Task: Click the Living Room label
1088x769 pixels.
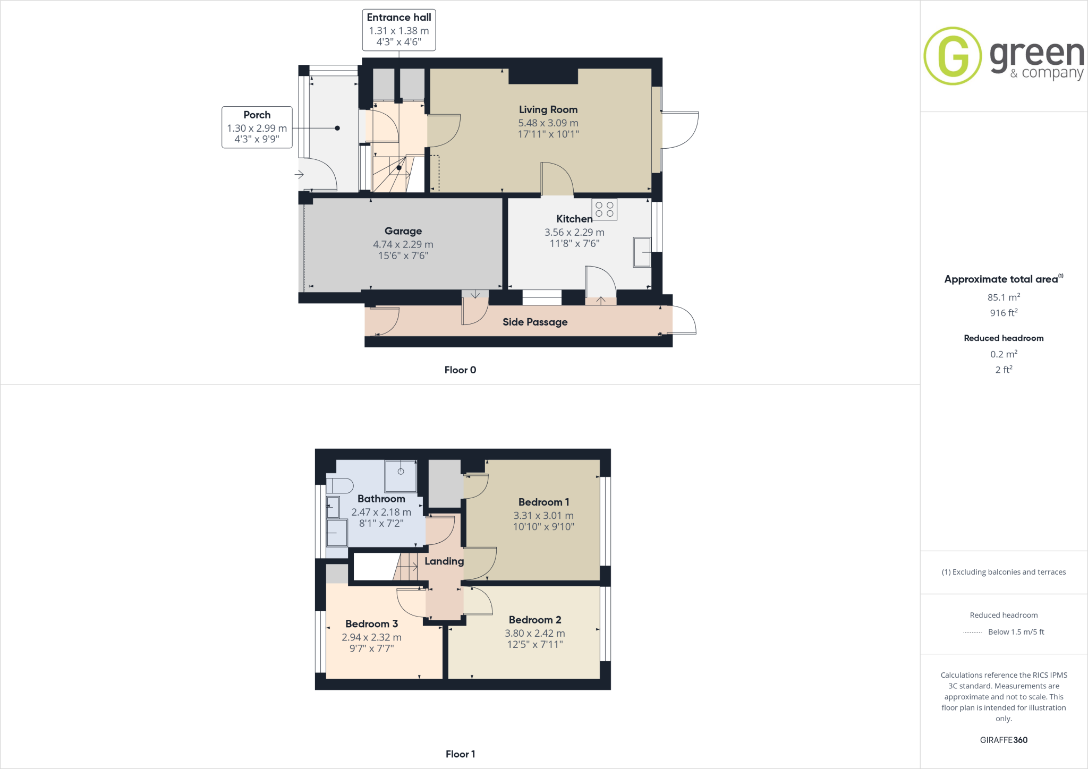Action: coord(548,109)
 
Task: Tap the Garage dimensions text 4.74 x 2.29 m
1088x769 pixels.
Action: coord(403,244)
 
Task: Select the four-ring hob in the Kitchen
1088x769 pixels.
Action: coord(605,209)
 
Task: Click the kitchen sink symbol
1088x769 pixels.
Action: coord(642,252)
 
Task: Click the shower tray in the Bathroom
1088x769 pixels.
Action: coord(401,476)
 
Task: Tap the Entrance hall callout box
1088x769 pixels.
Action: coord(398,30)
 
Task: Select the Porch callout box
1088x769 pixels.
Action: coord(257,127)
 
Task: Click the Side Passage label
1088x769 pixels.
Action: coord(535,322)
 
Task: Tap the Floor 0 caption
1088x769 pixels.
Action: coord(460,370)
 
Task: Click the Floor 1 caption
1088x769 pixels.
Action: coord(460,754)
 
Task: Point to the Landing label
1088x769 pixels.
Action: coord(444,561)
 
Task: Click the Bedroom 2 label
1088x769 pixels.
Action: coord(535,620)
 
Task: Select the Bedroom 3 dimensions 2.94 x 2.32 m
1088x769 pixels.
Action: coord(371,637)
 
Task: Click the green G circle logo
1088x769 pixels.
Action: coord(953,56)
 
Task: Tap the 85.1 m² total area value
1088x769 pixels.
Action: coord(1004,297)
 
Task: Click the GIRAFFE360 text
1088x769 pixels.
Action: coord(1004,740)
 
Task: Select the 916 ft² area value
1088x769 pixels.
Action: coord(1004,313)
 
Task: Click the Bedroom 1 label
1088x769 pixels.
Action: coord(543,502)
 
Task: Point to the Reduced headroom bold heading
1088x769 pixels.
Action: coord(1004,338)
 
